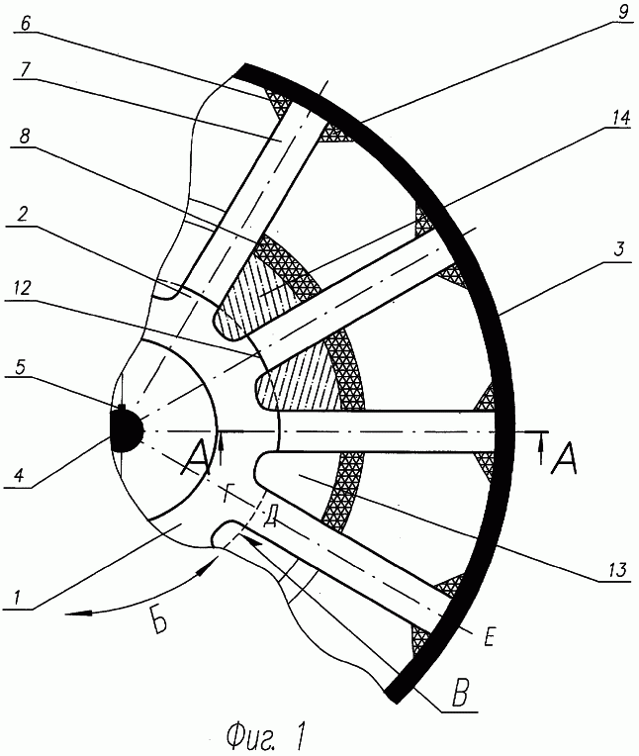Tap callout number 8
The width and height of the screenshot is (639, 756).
[x=24, y=137]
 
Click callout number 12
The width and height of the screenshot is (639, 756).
[x=22, y=288]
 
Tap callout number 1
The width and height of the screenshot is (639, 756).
[x=17, y=598]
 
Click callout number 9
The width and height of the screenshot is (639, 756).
[x=622, y=12]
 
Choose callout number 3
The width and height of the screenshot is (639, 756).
[x=619, y=249]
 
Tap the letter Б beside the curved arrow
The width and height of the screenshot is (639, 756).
[x=159, y=622]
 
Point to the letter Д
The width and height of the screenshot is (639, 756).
[x=270, y=517]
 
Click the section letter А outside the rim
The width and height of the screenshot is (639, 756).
[x=565, y=461]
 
